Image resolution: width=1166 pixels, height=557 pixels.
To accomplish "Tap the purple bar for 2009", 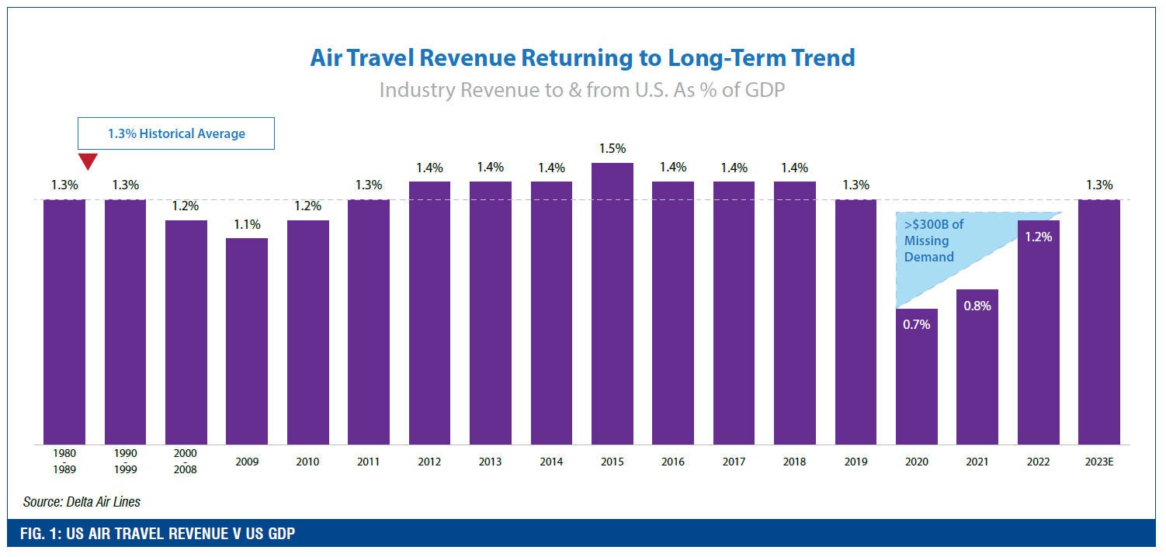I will coord(247,341).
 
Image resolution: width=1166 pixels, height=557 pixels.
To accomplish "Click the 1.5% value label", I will coord(612,149).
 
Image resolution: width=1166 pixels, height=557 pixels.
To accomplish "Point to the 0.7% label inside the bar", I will coord(917,324).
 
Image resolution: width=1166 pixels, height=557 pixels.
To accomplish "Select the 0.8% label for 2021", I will coord(977,306).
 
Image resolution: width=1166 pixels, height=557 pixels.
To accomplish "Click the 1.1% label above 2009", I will coord(247,224).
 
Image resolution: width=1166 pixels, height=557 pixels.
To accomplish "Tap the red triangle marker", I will coord(88,161).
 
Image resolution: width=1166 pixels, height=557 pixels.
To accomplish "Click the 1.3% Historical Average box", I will coord(175,133).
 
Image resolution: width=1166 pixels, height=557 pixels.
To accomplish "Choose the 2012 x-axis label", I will coord(429,462).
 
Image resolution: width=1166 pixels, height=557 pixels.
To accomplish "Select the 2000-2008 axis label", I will coord(186,462).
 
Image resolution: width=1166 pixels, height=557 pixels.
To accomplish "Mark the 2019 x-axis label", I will coord(856,462).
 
